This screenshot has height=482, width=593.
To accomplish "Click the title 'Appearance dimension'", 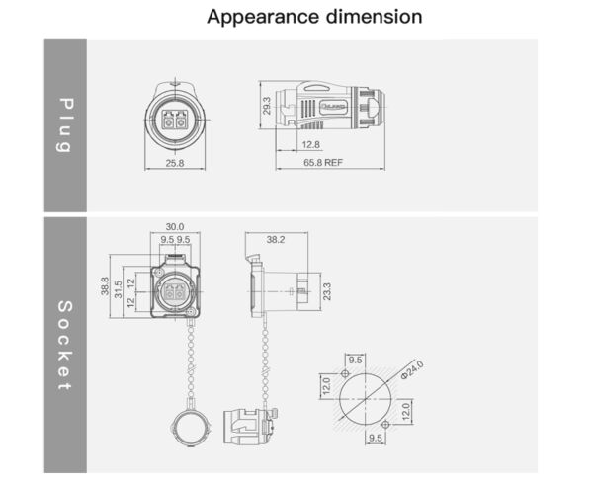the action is pyautogui.click(x=314, y=17).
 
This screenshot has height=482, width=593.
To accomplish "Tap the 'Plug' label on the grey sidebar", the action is pyautogui.click(x=66, y=125).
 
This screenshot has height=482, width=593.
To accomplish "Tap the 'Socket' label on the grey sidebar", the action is pyautogui.click(x=65, y=346).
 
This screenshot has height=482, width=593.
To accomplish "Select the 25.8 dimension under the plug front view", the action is pyautogui.click(x=175, y=163).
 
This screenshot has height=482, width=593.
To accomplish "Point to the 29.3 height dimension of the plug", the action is pyautogui.click(x=267, y=106).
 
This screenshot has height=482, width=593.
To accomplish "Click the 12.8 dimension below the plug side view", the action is pyautogui.click(x=311, y=145).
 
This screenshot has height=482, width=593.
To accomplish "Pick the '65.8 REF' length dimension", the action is pyautogui.click(x=323, y=163).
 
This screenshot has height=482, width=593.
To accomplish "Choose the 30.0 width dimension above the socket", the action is pyautogui.click(x=175, y=227).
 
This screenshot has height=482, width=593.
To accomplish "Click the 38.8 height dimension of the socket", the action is pyautogui.click(x=105, y=286).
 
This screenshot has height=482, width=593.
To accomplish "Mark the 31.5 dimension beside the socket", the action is pyautogui.click(x=118, y=289).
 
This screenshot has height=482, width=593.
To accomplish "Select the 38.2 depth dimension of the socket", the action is pyautogui.click(x=276, y=239).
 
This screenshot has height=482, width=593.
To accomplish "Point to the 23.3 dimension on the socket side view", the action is pyautogui.click(x=327, y=291).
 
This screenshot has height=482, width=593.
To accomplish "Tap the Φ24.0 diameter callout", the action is pyautogui.click(x=412, y=369).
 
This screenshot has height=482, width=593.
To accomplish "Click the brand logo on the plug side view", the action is pyautogui.click(x=333, y=107).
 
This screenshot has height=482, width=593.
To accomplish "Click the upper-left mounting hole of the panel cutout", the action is pyautogui.click(x=345, y=374).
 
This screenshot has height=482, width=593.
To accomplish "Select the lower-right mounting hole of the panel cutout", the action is pyautogui.click(x=385, y=425).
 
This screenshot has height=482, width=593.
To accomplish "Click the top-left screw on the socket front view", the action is pyautogui.click(x=159, y=273).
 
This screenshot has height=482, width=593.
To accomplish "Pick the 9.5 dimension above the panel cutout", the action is pyautogui.click(x=355, y=360).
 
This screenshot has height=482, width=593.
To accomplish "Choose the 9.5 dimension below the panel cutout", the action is pyautogui.click(x=376, y=438).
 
